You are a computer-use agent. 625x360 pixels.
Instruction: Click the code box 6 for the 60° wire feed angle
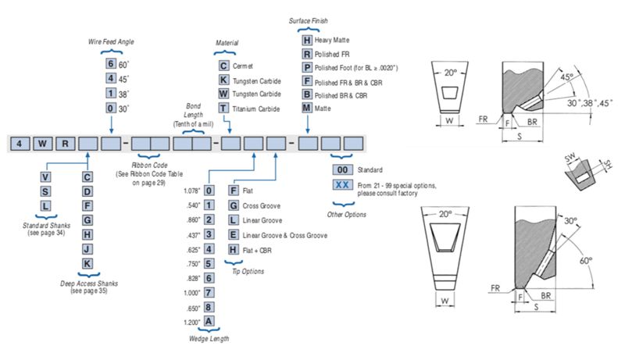click(x=111, y=64)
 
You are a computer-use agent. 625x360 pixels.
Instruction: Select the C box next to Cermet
click(x=223, y=66)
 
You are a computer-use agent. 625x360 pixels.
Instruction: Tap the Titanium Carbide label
click(x=256, y=109)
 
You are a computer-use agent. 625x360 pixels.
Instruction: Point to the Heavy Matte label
click(x=331, y=41)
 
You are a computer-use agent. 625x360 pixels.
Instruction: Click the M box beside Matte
click(x=306, y=108)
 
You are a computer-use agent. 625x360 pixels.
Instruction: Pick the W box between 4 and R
click(x=42, y=144)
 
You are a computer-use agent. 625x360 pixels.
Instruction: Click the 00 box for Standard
click(x=342, y=170)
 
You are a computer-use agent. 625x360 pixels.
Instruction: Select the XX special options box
click(x=342, y=185)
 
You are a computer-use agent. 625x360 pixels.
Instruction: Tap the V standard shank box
click(x=45, y=177)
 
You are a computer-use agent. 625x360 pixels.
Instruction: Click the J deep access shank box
click(x=87, y=249)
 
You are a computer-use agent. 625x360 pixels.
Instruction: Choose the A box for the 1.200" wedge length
click(x=209, y=322)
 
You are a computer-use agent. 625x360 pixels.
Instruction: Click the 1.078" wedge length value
click(x=191, y=191)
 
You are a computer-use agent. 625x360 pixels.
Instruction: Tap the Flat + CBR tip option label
click(x=257, y=251)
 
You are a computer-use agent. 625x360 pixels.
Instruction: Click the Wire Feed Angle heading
click(x=111, y=42)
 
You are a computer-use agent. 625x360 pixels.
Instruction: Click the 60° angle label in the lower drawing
click(x=585, y=261)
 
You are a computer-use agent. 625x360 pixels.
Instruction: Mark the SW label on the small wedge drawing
click(x=570, y=158)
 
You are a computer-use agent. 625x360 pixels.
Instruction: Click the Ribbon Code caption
click(x=149, y=166)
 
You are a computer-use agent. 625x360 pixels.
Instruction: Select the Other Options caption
click(x=346, y=215)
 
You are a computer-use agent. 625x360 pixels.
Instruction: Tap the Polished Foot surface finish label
click(x=356, y=68)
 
